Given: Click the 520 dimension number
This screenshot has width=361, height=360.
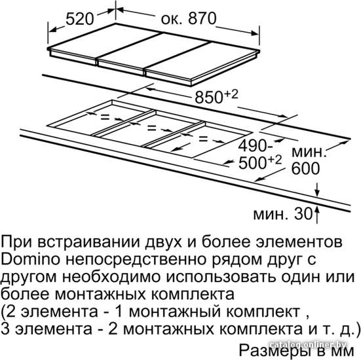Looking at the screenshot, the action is click(80, 19).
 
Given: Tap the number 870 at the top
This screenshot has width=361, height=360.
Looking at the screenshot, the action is click(202, 18).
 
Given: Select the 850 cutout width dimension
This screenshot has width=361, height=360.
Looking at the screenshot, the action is click(209, 97).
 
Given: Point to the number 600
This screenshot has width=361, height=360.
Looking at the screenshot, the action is click(305, 169).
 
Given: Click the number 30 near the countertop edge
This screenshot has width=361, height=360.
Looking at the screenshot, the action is click(303, 214).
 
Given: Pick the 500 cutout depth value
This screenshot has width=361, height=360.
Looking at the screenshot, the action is click(252, 163).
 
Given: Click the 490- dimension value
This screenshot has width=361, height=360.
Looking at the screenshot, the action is click(256, 145).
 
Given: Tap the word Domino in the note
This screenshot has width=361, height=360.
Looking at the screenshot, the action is click(30, 259).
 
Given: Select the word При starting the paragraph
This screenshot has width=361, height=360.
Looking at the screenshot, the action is click(16, 242).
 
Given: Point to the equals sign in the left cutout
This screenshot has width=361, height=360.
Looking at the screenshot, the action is click(105, 117).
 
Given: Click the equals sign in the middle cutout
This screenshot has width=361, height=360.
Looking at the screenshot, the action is click(152, 128).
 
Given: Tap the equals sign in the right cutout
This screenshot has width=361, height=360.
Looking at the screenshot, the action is click(203, 139).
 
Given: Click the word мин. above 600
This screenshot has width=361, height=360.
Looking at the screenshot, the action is click(309, 153).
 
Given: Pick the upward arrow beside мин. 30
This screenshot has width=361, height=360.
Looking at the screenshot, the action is click(317, 215).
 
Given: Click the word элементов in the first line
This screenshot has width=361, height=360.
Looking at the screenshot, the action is click(299, 242).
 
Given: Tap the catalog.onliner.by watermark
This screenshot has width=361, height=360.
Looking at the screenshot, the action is click(308, 344).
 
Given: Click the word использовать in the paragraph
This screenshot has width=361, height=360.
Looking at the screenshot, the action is click(221, 277).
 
